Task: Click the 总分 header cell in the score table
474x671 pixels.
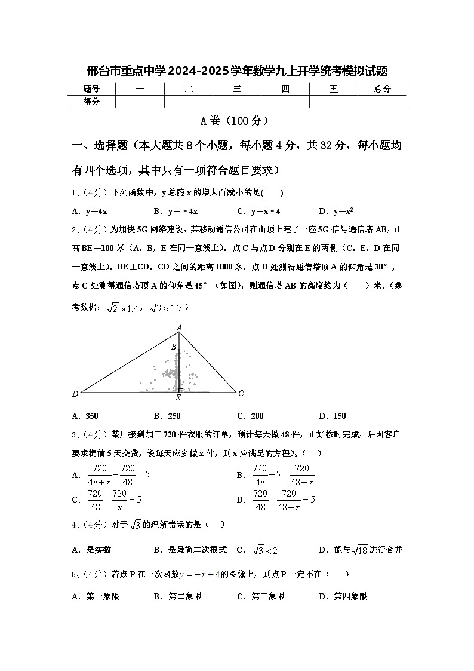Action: coord(382,89)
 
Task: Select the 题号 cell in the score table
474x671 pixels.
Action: coord(91,89)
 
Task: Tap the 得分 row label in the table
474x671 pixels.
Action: coord(91,102)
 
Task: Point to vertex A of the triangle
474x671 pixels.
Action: coord(179,327)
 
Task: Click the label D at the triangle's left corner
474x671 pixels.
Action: coord(75,394)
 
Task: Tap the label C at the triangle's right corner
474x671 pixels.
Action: coord(241,393)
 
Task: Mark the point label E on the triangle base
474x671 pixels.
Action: coord(178,398)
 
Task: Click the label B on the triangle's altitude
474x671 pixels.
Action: coord(174,347)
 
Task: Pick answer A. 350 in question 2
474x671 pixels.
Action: coord(85,416)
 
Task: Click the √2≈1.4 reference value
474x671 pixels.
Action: coord(123,308)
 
